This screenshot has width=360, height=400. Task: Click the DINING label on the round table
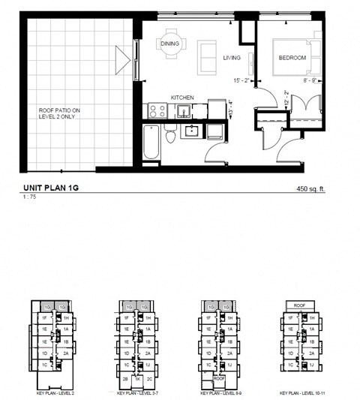pos(170,44)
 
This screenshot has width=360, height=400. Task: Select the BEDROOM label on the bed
pos(292,58)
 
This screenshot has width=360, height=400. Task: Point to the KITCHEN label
pos(182,98)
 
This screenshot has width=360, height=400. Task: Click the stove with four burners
pos(157,110)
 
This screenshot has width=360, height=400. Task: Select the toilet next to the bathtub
pos(170,137)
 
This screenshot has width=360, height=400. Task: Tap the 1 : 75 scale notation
pos(31,198)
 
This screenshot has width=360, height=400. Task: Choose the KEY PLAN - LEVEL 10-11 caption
pos(304,393)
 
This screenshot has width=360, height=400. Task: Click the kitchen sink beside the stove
pos(183,110)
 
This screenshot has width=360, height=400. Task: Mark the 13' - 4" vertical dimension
pos(230,113)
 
